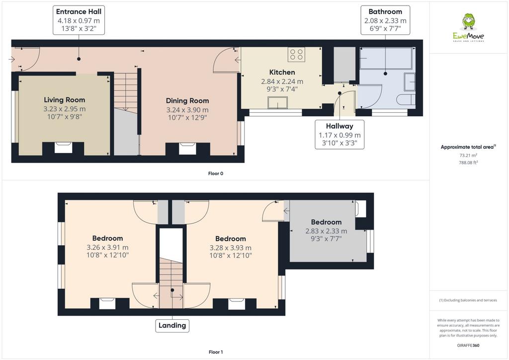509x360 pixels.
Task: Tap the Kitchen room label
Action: pyautogui.click(x=282, y=73)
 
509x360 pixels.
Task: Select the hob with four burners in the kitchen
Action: pyautogui.click(x=296, y=54)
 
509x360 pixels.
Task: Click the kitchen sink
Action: pyautogui.click(x=277, y=102)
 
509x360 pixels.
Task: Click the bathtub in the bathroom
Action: pyautogui.click(x=386, y=59)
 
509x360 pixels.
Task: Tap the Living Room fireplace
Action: pyautogui.click(x=63, y=148)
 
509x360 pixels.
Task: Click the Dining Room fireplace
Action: pyautogui.click(x=187, y=149)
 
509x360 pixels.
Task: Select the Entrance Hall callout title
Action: pyautogui.click(x=79, y=12)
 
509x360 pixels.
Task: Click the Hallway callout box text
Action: pyautogui.click(x=339, y=134)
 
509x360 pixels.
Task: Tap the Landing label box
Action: pyautogui.click(x=172, y=325)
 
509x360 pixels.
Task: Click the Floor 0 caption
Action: pyautogui.click(x=216, y=174)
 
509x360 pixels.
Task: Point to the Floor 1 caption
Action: pyautogui.click(x=216, y=352)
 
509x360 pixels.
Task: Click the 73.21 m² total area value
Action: pyautogui.click(x=468, y=156)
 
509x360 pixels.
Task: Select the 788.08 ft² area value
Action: pyautogui.click(x=468, y=163)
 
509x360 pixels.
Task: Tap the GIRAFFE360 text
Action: pyautogui.click(x=468, y=346)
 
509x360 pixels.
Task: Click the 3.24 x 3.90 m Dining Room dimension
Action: pyautogui.click(x=187, y=110)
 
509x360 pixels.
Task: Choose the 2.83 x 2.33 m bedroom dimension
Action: pyautogui.click(x=326, y=231)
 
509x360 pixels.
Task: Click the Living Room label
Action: pyautogui.click(x=64, y=100)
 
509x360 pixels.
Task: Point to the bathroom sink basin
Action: pyautogui.click(x=410, y=82)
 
